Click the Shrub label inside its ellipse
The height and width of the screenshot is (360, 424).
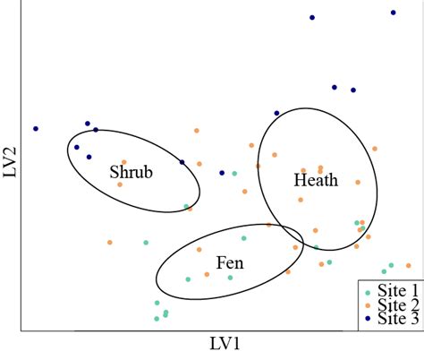click(x=131, y=172)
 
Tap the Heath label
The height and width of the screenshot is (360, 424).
click(x=316, y=181)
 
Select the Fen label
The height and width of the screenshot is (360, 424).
click(x=228, y=263)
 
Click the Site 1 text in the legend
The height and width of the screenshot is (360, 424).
click(x=399, y=291)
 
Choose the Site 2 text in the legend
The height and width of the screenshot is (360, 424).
click(x=399, y=304)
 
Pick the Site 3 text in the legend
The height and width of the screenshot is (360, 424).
click(x=399, y=318)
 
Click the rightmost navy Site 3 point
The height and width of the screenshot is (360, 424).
click(x=394, y=13)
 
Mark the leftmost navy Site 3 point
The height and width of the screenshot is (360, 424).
click(x=36, y=128)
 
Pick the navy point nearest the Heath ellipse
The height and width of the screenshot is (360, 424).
click(x=276, y=113)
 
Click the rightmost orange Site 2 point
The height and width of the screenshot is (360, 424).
click(x=408, y=265)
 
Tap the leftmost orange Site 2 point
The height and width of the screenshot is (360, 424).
click(x=109, y=242)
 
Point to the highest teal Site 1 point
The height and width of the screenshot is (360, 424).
click(x=234, y=174)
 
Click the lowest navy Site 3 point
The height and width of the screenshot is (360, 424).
click(x=222, y=173)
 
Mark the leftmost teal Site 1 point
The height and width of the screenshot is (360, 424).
click(x=145, y=242)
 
